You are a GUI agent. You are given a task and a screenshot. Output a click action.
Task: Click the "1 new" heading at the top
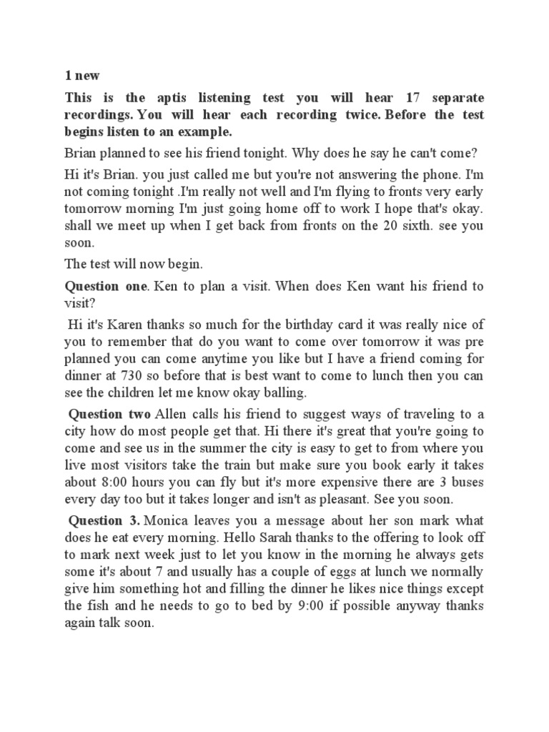pyautogui.click(x=83, y=76)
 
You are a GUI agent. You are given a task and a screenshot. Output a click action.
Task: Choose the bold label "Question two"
pyautogui.click(x=109, y=415)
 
